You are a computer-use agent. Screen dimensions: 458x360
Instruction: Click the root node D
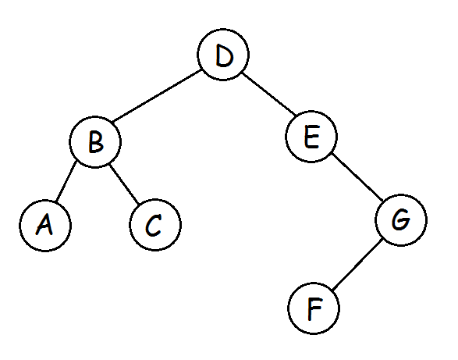pos(223,55)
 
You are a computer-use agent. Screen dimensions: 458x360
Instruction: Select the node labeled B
pos(95,142)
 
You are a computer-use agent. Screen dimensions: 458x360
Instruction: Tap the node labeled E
pos(311,137)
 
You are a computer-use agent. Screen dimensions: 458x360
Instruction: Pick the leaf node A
pos(45,226)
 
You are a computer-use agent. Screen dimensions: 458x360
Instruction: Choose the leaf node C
pos(155,225)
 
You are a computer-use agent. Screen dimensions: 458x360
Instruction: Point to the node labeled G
pos(401,220)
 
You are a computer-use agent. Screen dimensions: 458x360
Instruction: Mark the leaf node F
pos(314,308)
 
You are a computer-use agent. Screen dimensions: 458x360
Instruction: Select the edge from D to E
pos(269,94)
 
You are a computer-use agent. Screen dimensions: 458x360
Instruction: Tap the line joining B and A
pos(66,181)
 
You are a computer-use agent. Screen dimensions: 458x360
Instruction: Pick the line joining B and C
pos(123,184)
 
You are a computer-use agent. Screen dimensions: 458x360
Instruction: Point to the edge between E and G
pos(357,176)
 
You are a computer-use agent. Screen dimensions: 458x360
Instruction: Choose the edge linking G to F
pos(357,265)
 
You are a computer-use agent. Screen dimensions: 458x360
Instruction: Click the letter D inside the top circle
pos(225,55)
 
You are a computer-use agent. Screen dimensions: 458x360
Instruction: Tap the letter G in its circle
pos(401,219)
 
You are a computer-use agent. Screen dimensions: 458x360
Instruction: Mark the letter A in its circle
pos(44,225)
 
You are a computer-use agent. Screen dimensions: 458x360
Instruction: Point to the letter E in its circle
pos(311,137)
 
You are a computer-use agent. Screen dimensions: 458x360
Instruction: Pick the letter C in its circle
pos(154,225)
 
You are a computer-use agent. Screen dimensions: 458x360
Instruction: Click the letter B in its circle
pos(96,142)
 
